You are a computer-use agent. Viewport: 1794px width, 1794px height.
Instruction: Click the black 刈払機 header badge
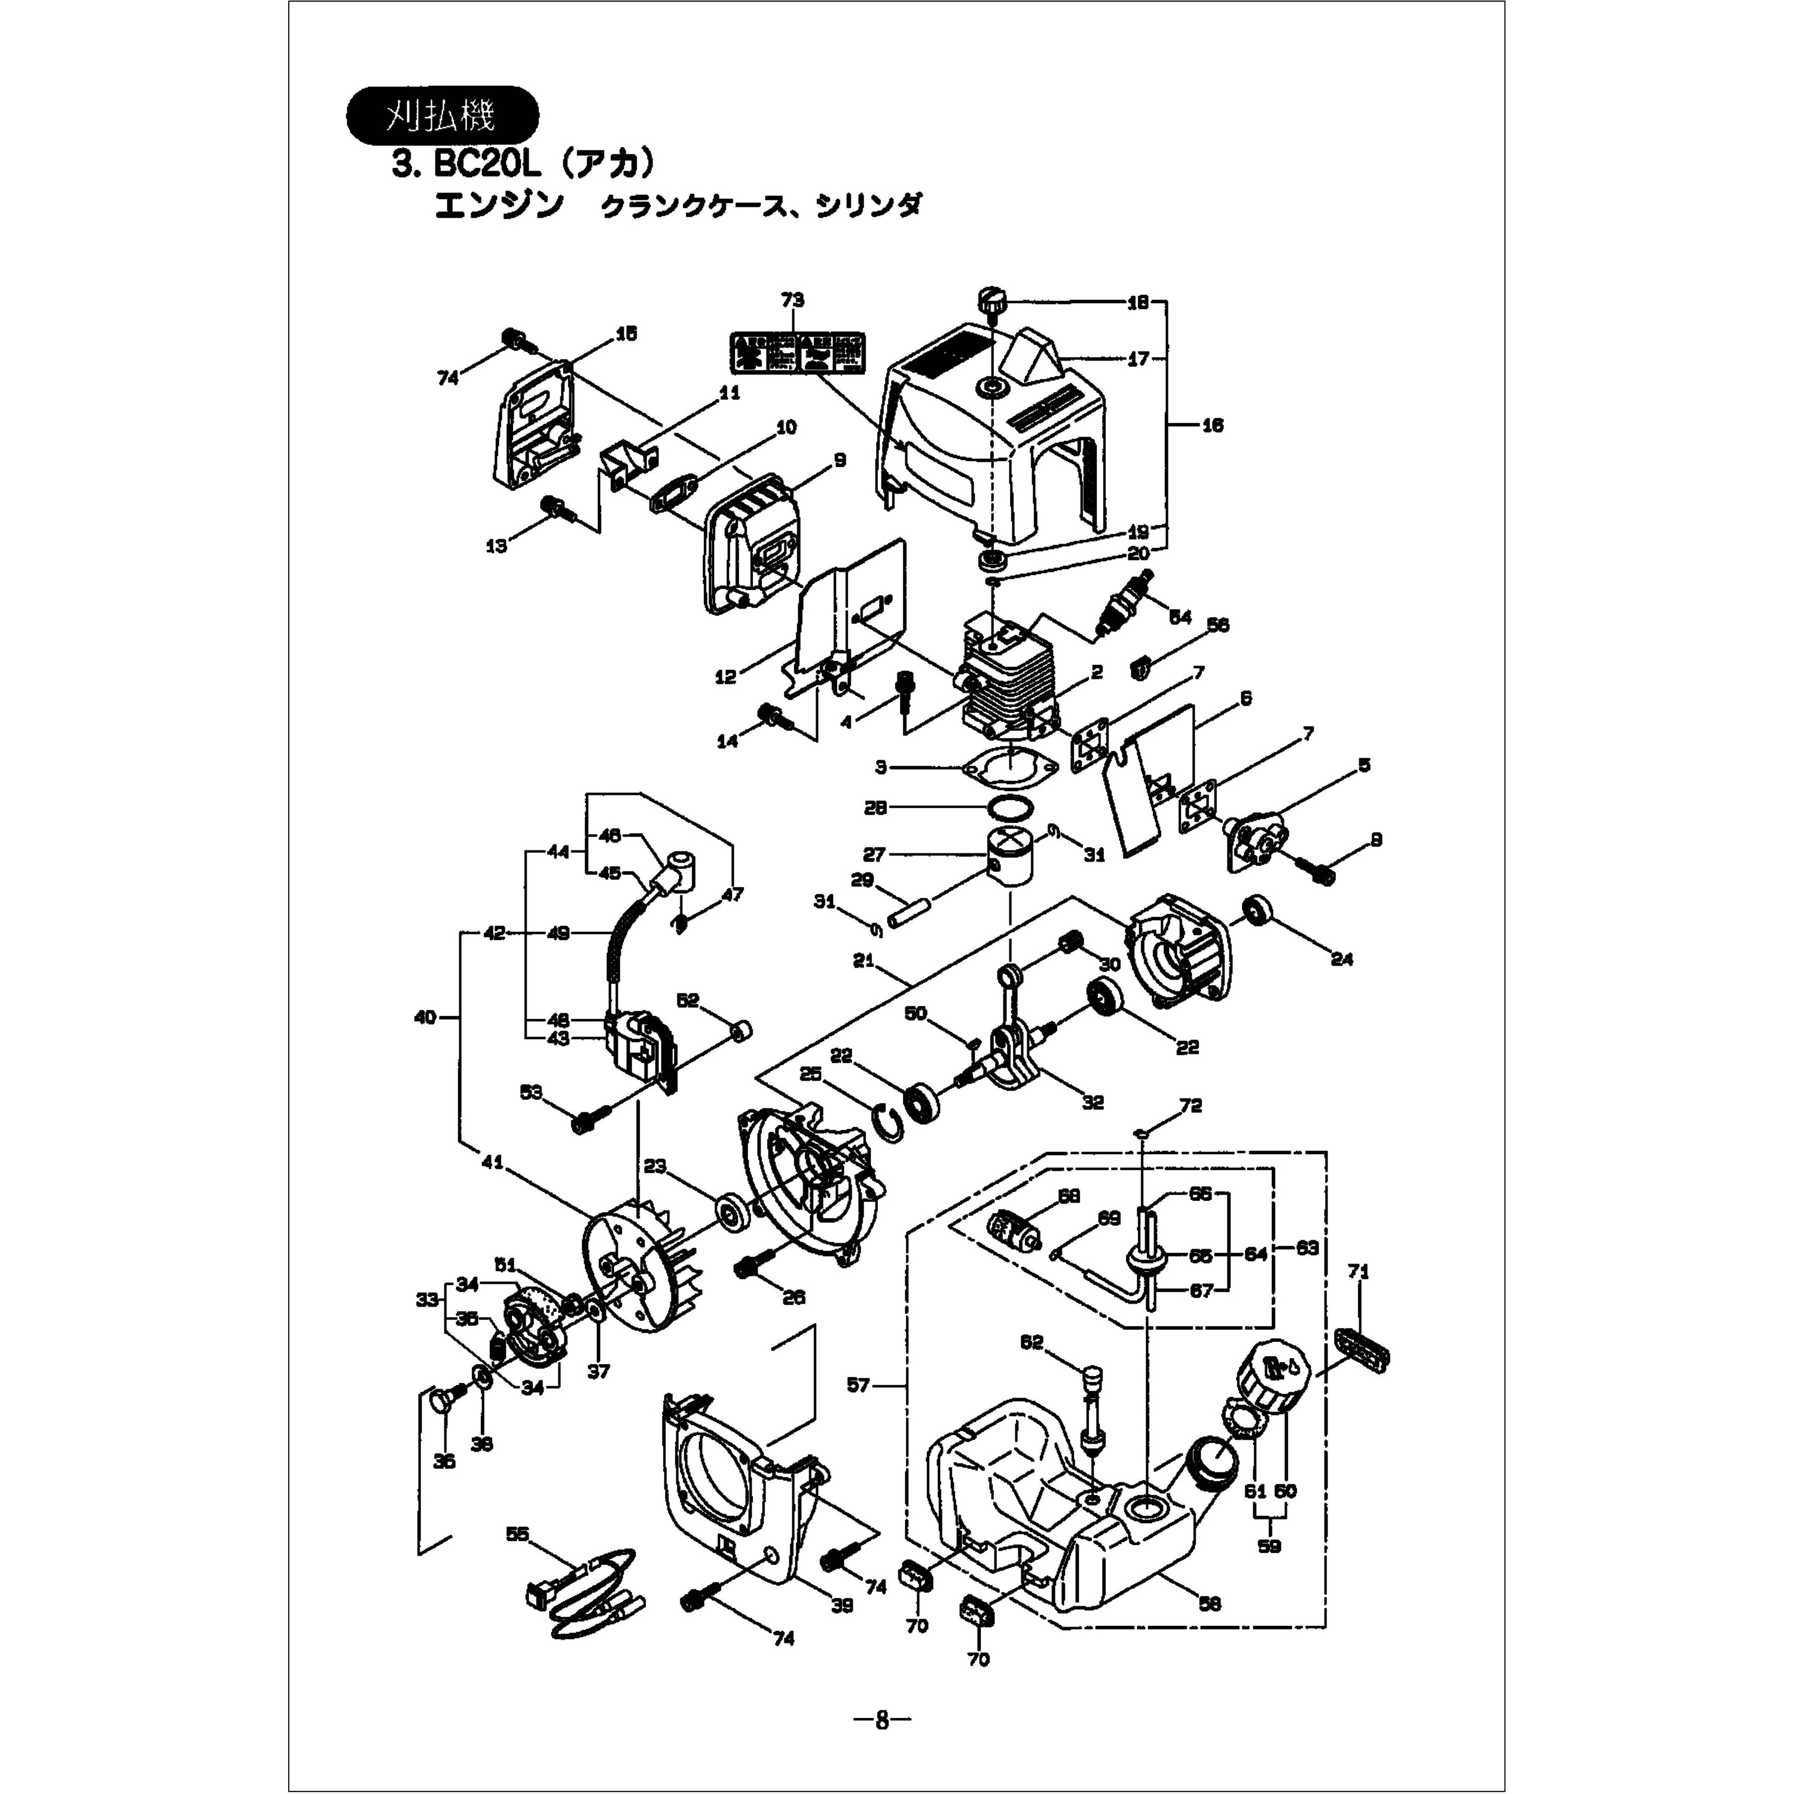click(442, 115)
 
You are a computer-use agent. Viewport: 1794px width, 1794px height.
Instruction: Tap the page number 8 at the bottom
click(882, 1720)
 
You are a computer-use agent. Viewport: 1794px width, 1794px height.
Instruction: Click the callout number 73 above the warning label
click(792, 300)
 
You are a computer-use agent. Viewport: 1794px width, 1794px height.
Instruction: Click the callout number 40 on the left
click(425, 1018)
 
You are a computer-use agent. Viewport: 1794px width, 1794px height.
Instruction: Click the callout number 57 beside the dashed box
click(858, 1386)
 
